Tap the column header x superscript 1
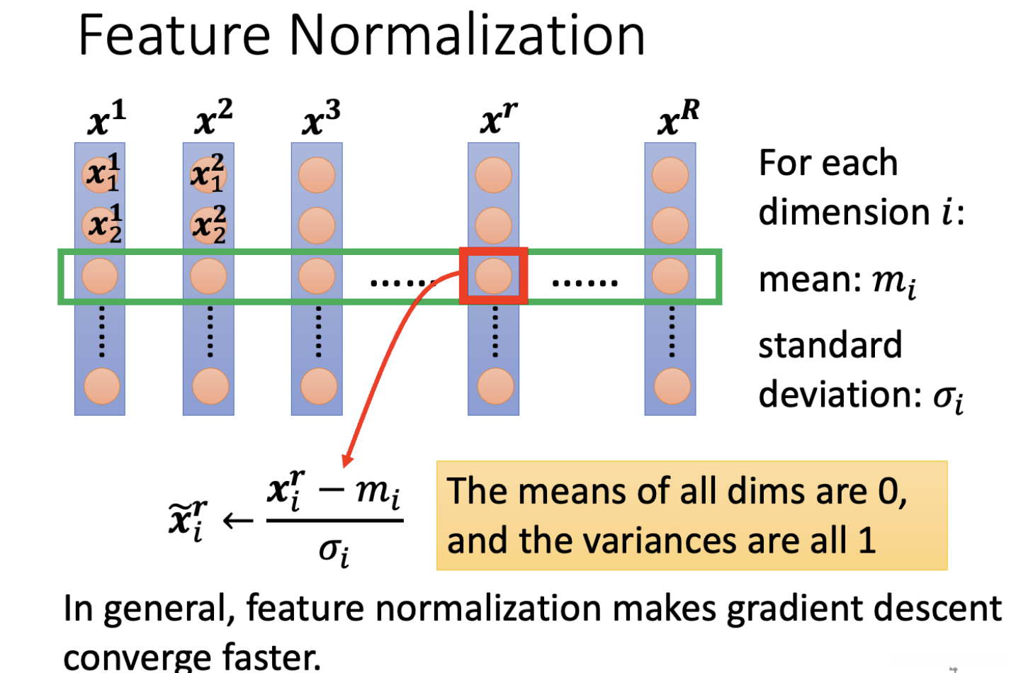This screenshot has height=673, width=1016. (106, 118)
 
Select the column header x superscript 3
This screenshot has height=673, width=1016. (321, 118)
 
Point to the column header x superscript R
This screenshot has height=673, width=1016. (678, 118)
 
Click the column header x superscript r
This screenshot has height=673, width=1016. (498, 118)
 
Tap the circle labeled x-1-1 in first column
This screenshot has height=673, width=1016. (101, 174)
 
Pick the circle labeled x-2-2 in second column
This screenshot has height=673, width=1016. (208, 225)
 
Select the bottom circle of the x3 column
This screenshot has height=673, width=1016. (318, 386)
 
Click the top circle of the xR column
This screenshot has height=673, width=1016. (670, 175)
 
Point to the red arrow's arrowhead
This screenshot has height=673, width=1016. (346, 460)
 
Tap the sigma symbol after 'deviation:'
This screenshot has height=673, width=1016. (948, 397)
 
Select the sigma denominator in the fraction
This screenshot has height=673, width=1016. (334, 551)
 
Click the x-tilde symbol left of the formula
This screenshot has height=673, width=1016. (188, 519)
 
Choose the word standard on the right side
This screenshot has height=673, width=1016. (830, 346)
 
